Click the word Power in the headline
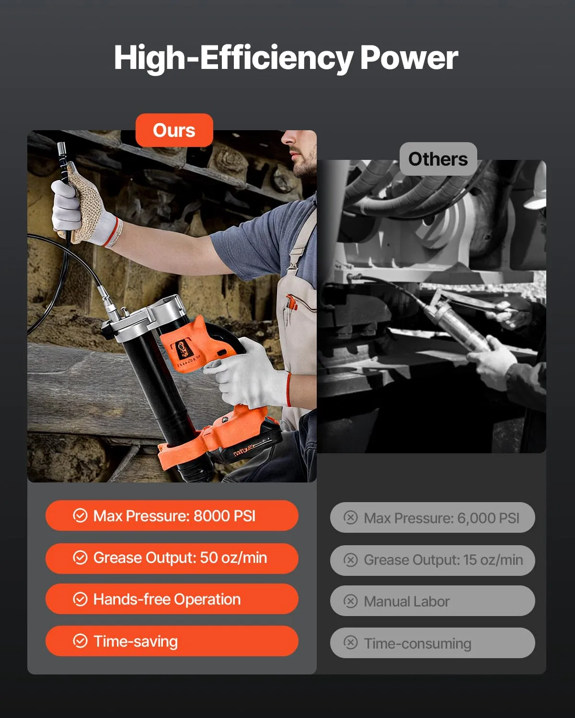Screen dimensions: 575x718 click(409, 58)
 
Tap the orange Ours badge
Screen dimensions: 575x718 click(174, 130)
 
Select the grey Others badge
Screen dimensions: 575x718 click(438, 159)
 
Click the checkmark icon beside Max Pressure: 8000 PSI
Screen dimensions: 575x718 click(80, 516)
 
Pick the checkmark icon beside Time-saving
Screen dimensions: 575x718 click(80, 641)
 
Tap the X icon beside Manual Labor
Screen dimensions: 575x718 click(350, 601)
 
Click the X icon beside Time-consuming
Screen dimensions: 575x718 click(350, 642)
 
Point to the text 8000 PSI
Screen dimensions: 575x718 click(225, 516)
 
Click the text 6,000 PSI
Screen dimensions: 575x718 click(488, 518)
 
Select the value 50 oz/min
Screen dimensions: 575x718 click(233, 558)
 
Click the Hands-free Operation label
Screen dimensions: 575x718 click(167, 599)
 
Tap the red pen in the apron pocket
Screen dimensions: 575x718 click(291, 302)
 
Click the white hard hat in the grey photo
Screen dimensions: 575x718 click(536, 187)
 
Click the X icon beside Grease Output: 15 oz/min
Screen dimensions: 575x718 click(350, 560)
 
